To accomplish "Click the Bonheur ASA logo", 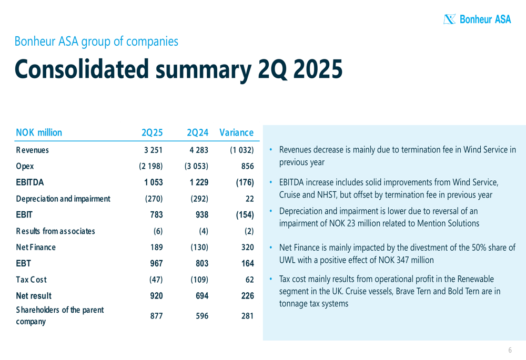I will pos(477,19).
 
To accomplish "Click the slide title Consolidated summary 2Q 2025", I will pos(178,69).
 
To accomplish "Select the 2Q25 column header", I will pos(153,133).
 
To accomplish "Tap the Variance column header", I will pos(236,133).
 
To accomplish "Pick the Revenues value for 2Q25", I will pos(153,150).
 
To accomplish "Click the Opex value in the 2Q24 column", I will pos(196,167).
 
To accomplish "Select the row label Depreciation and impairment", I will pos(63,199).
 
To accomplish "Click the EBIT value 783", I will pos(156,215).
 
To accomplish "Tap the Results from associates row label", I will pos(56,231).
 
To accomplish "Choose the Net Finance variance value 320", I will pos(247,248).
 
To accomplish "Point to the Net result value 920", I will pos(156,296).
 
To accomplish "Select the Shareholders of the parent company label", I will pos(59,316).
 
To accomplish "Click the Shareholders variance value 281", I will pos(247,316).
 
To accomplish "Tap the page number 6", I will pos(510,351).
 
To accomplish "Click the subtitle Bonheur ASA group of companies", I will pos(96,41).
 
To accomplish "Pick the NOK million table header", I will pos(39,133).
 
